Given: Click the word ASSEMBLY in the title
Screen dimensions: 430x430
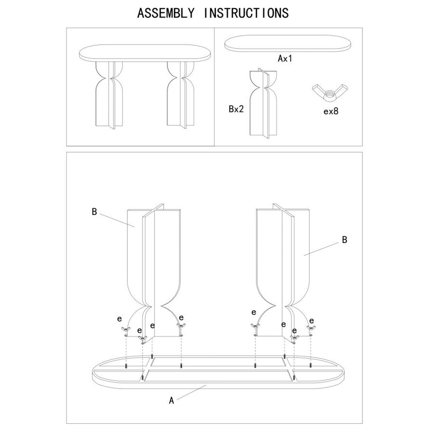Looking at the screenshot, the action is pyautogui.click(x=166, y=13).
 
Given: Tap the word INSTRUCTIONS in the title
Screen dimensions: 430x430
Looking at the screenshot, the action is pyautogui.click(x=246, y=13).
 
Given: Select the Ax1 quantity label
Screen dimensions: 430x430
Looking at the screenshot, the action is pyautogui.click(x=285, y=58).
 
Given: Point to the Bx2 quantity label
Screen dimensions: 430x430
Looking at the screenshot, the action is pyautogui.click(x=236, y=109).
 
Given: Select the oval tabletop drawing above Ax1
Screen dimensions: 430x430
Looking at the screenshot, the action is pyautogui.click(x=288, y=43).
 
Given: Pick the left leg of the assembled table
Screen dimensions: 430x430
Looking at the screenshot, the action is pyautogui.click(x=109, y=95).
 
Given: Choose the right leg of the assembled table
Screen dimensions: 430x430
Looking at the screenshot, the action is pyautogui.click(x=181, y=95).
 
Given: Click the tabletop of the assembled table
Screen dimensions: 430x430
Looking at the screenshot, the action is pyautogui.click(x=145, y=53).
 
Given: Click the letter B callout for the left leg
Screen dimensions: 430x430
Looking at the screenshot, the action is pyautogui.click(x=94, y=212).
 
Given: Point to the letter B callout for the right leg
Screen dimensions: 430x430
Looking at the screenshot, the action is pyautogui.click(x=344, y=240).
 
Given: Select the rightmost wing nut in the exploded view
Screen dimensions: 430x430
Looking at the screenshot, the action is pyautogui.click(x=311, y=328).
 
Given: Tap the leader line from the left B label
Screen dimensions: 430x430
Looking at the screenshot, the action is pyautogui.click(x=117, y=220).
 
